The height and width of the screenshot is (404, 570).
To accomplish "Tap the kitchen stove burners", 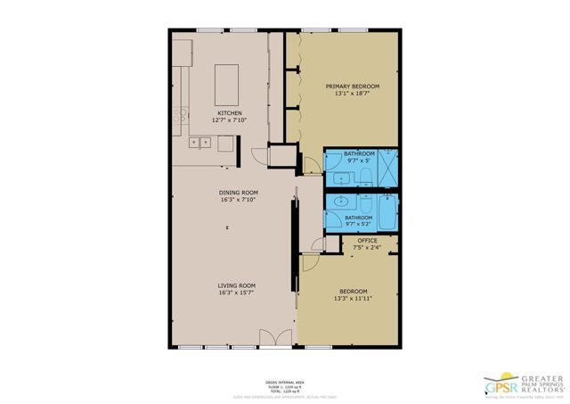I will [180, 113].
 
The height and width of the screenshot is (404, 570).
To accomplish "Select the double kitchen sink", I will [200, 141].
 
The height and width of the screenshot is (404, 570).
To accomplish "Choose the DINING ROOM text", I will [238, 193].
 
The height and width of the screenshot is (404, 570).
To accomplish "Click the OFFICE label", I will [367, 241].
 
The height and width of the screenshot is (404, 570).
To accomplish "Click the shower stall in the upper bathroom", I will [388, 166].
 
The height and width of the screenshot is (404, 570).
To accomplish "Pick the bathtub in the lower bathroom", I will [387, 214].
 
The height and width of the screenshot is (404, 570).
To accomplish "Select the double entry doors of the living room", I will [269, 339].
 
